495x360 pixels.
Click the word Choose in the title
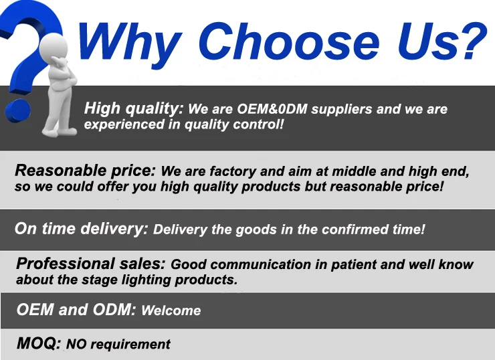288,41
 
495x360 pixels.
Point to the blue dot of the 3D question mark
17,111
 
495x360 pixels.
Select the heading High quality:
134,109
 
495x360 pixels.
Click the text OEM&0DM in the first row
272,109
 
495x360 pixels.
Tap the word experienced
124,124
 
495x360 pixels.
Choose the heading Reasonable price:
85,171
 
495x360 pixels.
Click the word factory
233,171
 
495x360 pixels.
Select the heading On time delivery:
81,229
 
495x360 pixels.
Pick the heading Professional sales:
90,264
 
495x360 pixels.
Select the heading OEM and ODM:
76,309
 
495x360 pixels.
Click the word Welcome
171,310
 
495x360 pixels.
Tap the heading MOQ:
39,343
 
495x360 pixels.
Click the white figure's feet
60,131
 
